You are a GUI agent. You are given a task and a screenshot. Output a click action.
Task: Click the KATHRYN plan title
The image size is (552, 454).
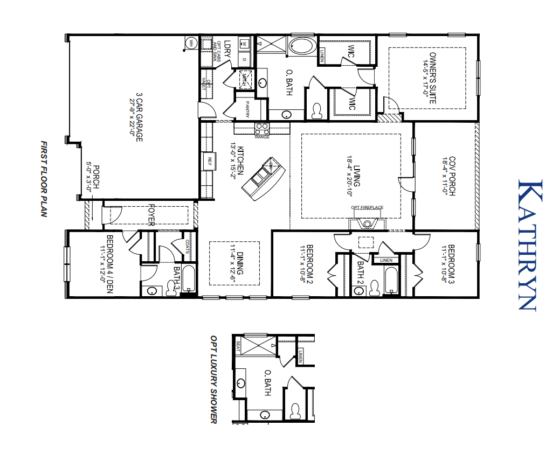(527, 245)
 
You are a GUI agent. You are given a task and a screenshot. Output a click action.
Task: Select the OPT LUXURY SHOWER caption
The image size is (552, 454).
(213, 379)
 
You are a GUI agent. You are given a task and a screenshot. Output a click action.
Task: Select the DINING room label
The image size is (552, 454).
(236, 263)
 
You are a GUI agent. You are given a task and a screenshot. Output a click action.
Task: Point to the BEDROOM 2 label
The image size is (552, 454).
(306, 263)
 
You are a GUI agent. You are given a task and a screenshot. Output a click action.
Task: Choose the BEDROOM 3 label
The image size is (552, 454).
(448, 263)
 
